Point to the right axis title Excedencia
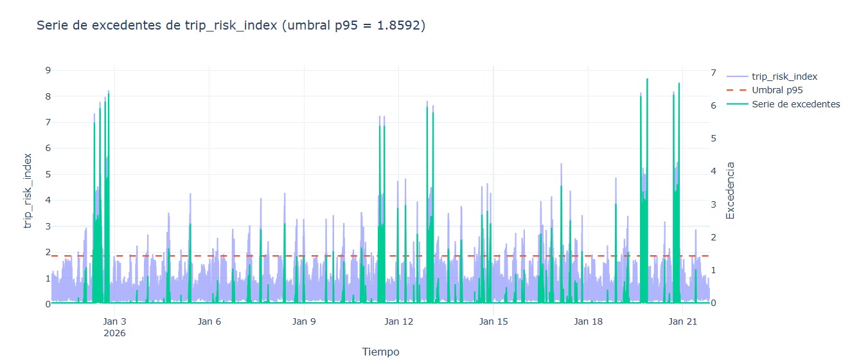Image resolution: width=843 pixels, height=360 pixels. coord(730,190)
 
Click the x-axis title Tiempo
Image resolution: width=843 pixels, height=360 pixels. coord(380,352)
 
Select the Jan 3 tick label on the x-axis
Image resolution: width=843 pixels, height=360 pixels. coord(114,321)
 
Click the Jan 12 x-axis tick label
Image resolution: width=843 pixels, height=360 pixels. coord(398,321)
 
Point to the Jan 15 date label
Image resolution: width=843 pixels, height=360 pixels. coord(493,321)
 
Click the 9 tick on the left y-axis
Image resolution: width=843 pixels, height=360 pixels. coord(48,70)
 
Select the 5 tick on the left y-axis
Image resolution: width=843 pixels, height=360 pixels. coord(48,174)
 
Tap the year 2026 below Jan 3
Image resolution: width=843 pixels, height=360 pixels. coord(114,333)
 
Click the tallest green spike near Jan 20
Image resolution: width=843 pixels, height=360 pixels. coord(647,80)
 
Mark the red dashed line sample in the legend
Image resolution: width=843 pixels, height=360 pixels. coord(736,90)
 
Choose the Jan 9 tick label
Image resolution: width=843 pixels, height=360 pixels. coord(304,321)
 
